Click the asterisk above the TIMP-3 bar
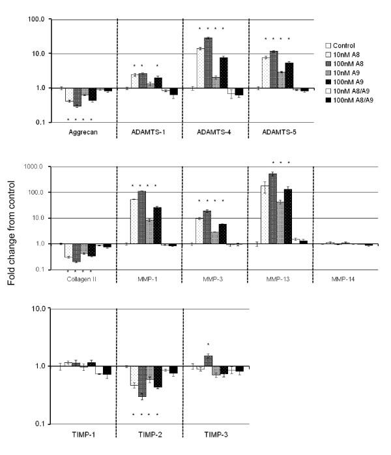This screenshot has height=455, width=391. [208, 344]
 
